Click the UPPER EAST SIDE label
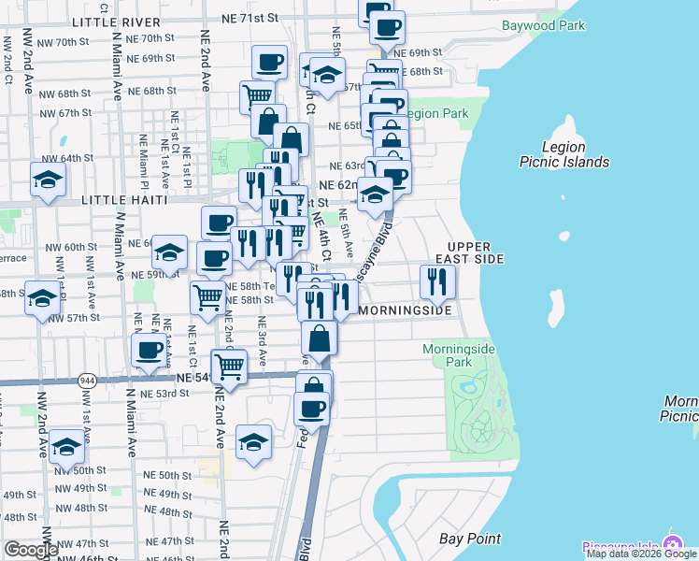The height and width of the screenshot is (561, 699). pyautogui.click(x=470, y=251)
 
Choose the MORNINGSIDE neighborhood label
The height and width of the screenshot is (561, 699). pyautogui.click(x=406, y=309)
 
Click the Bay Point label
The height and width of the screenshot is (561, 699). pyautogui.click(x=470, y=539)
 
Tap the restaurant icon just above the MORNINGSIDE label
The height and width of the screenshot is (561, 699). pyautogui.click(x=437, y=280)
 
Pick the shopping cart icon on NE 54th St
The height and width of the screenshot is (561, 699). pyautogui.click(x=229, y=366)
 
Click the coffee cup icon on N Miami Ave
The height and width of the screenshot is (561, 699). pyautogui.click(x=150, y=351)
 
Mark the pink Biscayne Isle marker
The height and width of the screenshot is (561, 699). pyautogui.click(x=671, y=545)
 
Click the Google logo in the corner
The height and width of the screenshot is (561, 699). pyautogui.click(x=31, y=549)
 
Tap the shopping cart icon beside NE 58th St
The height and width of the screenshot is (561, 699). pyautogui.click(x=207, y=297)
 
